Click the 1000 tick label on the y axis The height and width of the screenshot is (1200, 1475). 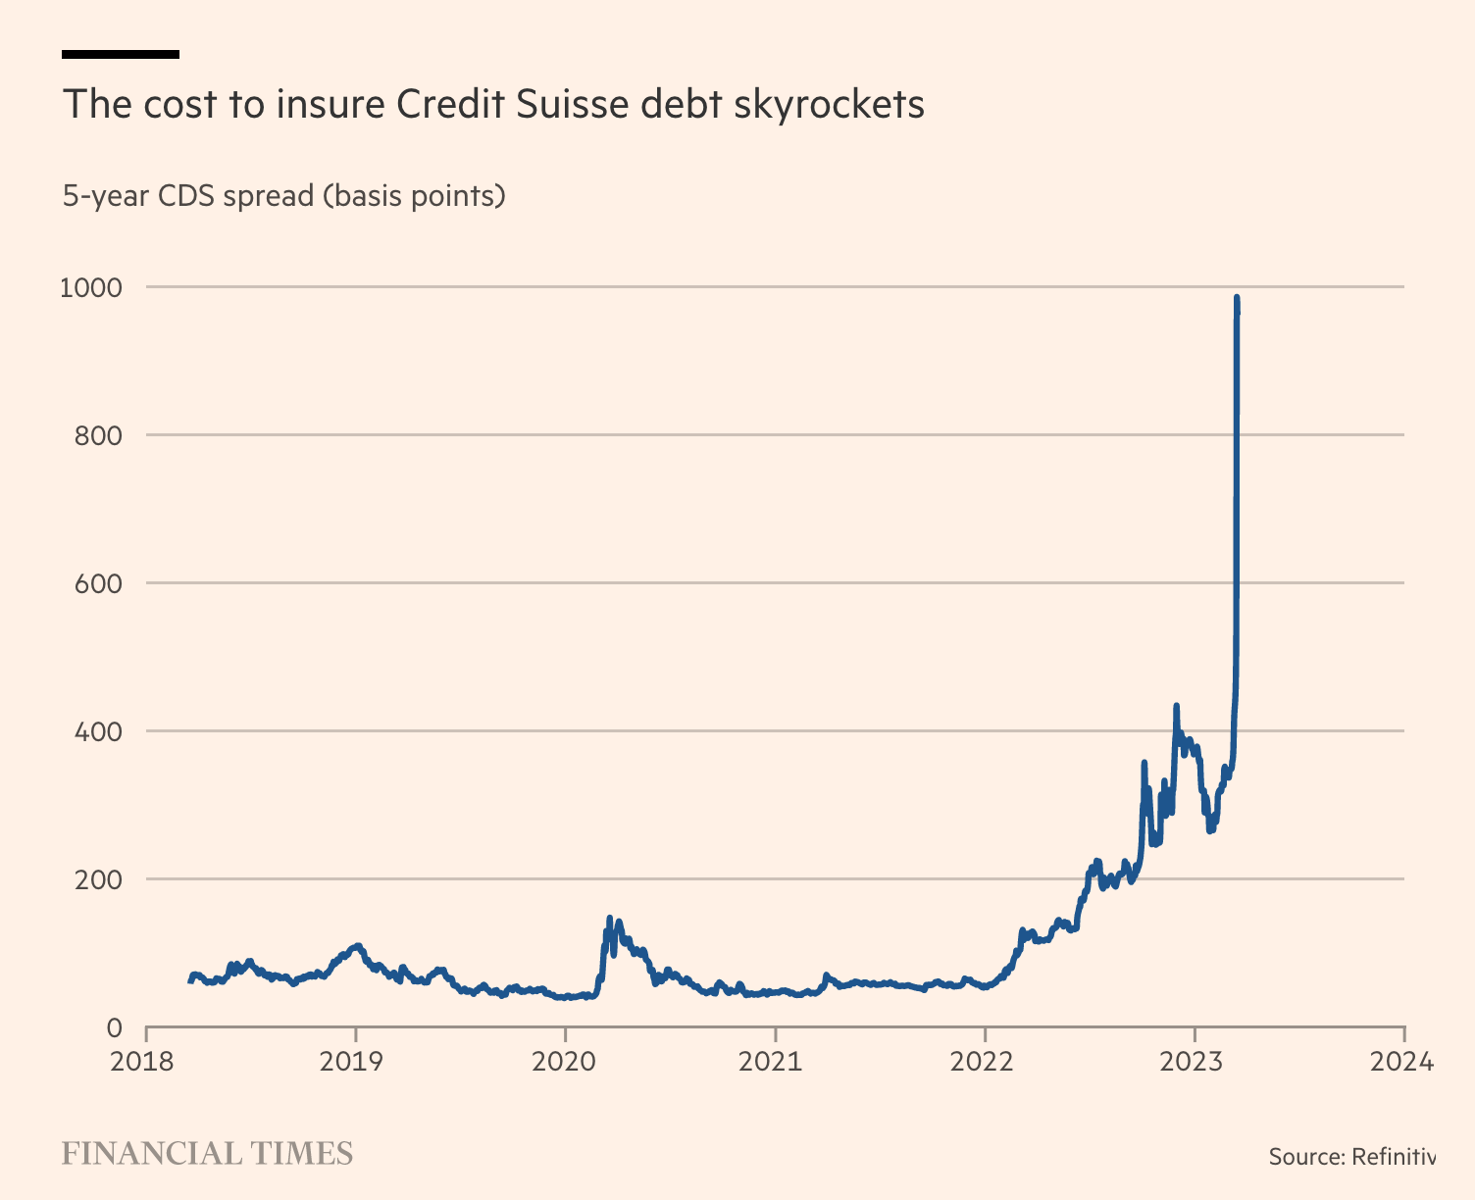[90, 288]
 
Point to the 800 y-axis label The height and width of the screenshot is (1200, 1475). [98, 436]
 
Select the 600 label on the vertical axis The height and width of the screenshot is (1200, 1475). [98, 584]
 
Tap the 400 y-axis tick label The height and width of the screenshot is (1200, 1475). [98, 732]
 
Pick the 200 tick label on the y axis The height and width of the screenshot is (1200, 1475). [98, 880]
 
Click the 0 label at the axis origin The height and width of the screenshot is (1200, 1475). [114, 1028]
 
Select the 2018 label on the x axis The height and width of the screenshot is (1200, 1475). [145, 1062]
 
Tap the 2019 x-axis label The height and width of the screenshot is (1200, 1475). [355, 1062]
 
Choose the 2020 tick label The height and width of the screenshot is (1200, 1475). [565, 1062]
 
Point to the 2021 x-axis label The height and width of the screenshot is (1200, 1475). [775, 1062]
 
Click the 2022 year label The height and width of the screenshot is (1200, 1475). [985, 1062]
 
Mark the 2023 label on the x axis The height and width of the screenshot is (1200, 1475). [1195, 1062]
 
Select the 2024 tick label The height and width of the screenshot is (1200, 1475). [1403, 1062]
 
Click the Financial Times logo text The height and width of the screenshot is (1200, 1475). [207, 1154]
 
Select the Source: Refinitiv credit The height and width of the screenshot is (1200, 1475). [1351, 1157]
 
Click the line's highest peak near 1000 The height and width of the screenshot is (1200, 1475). [1237, 297]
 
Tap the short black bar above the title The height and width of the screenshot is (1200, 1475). [120, 54]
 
